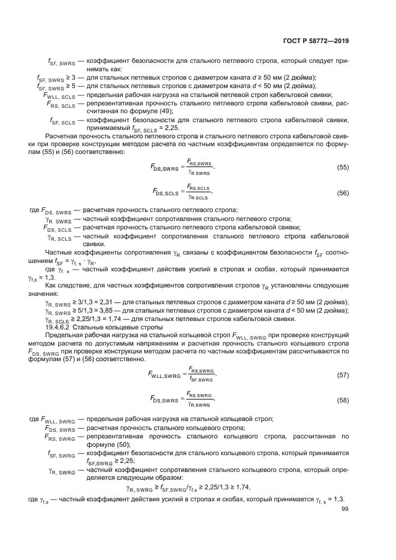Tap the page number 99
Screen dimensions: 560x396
tap(344, 509)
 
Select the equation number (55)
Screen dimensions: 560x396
tap(343, 167)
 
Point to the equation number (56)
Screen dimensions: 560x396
tap(343, 193)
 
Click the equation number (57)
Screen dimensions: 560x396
tap(343, 375)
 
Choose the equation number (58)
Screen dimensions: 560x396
tap(343, 400)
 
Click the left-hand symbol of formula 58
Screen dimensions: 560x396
tap(166, 401)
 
